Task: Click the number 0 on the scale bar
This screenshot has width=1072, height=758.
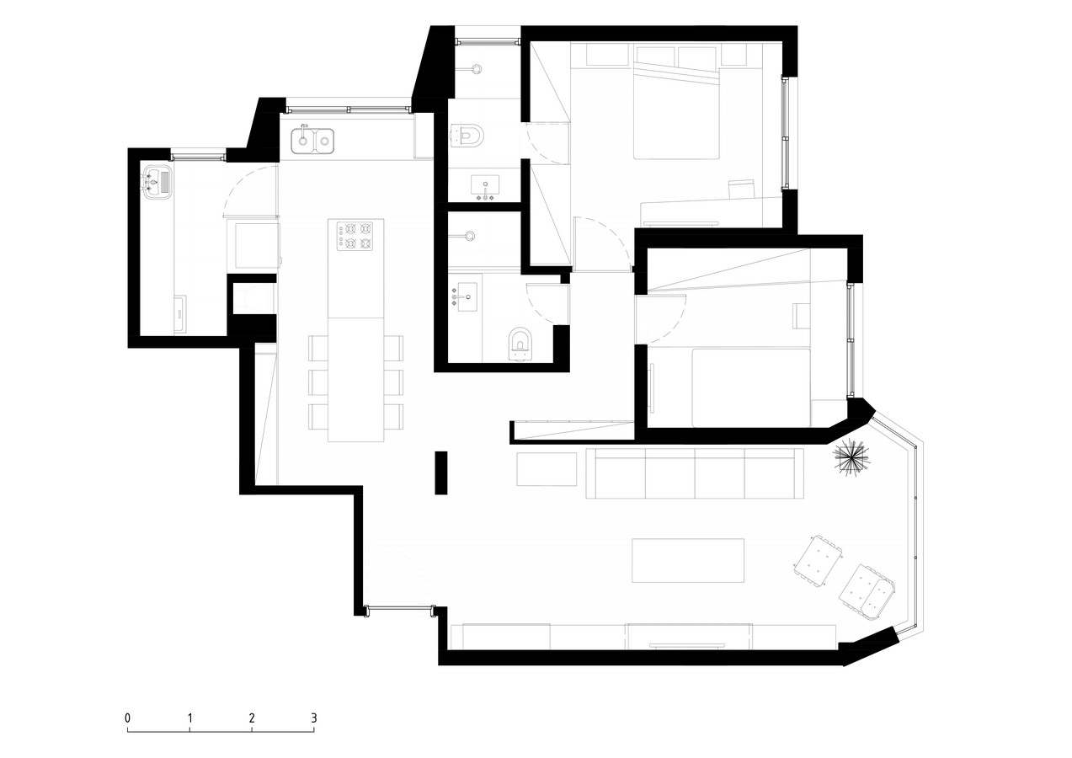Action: [x=127, y=718]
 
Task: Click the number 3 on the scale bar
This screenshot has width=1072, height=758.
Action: [x=314, y=718]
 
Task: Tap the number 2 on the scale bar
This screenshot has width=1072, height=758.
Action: [x=252, y=718]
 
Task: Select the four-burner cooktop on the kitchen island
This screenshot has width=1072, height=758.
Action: [x=355, y=237]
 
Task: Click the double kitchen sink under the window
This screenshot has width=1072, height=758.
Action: [x=312, y=140]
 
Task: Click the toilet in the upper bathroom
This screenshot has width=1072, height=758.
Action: [x=467, y=136]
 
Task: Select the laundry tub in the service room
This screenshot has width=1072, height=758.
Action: [x=157, y=180]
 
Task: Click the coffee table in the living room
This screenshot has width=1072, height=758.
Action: [x=688, y=560]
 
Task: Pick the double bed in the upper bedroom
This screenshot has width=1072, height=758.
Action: [x=676, y=114]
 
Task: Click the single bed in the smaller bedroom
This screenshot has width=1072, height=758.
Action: [x=751, y=387]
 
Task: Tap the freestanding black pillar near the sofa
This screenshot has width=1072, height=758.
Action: [x=440, y=472]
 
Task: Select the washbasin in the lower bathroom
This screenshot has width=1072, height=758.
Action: [x=465, y=296]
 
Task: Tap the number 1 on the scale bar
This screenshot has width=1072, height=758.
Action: [x=190, y=718]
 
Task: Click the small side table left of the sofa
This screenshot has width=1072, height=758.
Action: [x=547, y=469]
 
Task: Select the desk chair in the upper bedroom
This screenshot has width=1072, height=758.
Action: [x=741, y=189]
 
